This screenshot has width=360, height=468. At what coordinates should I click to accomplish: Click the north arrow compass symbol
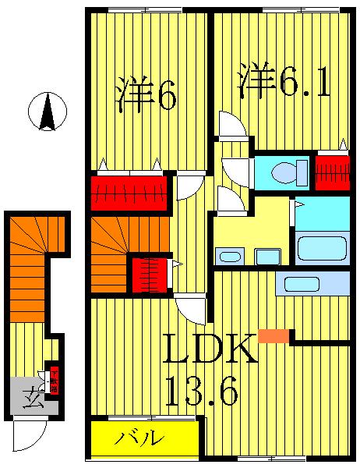(x=48, y=112)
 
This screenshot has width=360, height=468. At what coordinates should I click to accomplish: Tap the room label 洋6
(x=146, y=95)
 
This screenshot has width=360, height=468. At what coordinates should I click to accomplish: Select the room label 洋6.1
(x=284, y=82)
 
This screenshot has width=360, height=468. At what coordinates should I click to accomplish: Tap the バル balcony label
(x=140, y=438)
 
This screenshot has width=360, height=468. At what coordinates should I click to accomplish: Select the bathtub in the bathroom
(x=322, y=248)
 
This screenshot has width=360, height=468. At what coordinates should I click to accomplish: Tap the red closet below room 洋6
(x=129, y=193)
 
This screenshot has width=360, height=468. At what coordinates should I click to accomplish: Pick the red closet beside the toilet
(x=331, y=172)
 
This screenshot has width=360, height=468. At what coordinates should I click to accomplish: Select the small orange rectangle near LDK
(x=273, y=336)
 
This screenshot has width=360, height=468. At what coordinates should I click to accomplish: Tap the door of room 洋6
(x=188, y=187)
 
